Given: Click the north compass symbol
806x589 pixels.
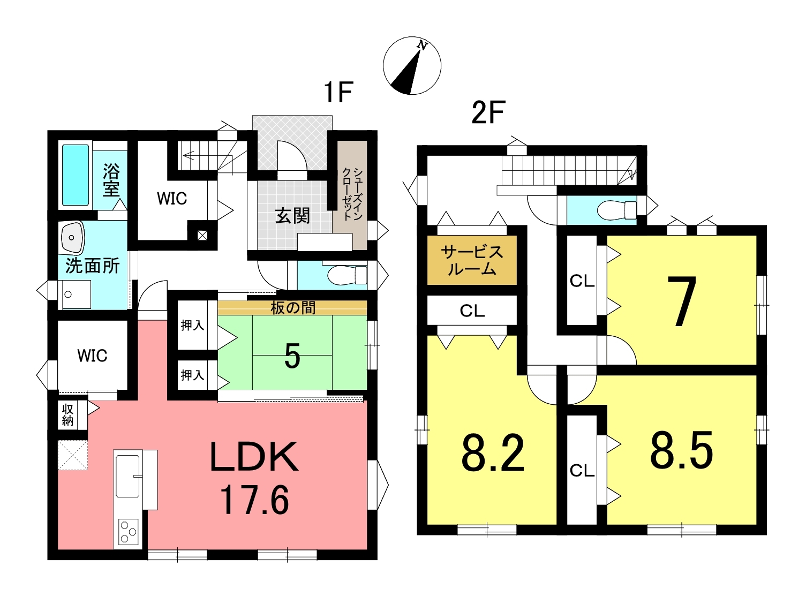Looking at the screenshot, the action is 412,65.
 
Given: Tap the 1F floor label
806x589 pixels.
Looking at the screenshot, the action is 338,93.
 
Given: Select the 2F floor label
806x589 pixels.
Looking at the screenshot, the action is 488,112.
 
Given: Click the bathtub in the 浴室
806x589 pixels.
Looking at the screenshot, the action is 76,175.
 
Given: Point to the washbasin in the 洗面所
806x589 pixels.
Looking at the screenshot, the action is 73,238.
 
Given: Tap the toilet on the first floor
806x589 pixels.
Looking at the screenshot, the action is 347,275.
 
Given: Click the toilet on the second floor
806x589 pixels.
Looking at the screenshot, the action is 617,210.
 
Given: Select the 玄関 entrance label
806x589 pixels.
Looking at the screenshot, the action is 292,216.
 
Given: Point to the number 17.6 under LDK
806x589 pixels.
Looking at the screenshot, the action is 254,500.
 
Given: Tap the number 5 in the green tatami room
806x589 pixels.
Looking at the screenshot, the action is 292,356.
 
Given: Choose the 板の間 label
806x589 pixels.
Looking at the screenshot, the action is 293,308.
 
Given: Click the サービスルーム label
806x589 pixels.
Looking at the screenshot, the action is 472,260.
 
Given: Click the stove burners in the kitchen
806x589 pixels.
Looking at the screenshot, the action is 129,532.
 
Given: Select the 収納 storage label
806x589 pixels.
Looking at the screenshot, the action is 67,415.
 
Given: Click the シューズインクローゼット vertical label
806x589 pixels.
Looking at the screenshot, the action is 352,194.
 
